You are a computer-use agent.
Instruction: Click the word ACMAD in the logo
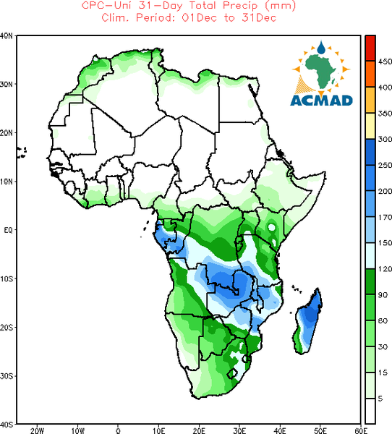[321, 101]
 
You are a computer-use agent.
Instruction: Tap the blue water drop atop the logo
[321, 48]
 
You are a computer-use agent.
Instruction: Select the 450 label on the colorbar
[385, 61]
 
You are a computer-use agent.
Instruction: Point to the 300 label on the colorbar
[385, 139]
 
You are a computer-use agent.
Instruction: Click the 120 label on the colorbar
[385, 269]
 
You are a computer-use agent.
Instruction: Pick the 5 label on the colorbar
[380, 399]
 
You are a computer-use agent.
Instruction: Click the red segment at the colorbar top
[370, 48]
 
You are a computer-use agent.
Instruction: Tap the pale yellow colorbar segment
[370, 126]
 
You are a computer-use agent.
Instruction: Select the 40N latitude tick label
[7, 36]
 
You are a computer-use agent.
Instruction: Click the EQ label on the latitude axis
[8, 230]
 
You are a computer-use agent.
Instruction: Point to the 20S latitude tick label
[7, 328]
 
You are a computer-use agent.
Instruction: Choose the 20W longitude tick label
[37, 430]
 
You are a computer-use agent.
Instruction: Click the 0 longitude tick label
[118, 430]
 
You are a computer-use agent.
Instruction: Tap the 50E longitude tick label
[320, 430]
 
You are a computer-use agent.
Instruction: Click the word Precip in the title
[239, 5]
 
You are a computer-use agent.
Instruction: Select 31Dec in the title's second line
[259, 17]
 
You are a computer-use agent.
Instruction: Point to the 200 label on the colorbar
[385, 191]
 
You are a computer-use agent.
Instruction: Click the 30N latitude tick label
[7, 85]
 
